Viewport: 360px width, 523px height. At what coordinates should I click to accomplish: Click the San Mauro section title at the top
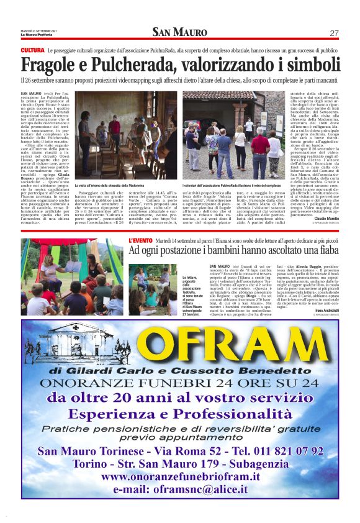click(x=179, y=32)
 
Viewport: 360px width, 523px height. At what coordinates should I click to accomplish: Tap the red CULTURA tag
click(x=32, y=50)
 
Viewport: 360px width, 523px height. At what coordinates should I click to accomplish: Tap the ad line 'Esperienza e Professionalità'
click(x=179, y=413)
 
